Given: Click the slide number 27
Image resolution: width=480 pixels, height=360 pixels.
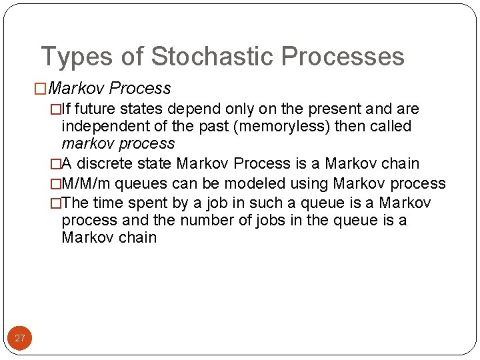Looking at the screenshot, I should coord(20,338).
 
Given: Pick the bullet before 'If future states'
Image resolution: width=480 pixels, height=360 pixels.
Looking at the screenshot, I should coord(56,109).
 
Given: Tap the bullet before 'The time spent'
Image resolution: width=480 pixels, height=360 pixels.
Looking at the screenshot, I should coord(56,203).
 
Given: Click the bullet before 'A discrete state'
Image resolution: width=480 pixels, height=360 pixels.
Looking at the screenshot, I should coord(56,164).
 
